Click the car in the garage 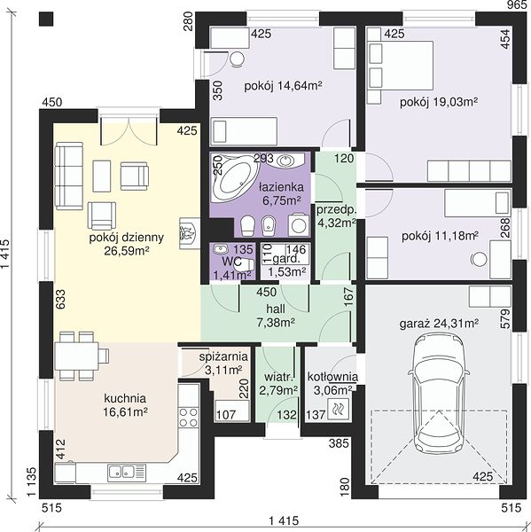coord(439,393)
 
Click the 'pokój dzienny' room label coord(126,238)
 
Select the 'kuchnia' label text coord(125,398)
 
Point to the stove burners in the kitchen coord(188,417)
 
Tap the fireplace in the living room coord(190,232)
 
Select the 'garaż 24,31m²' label coord(439,324)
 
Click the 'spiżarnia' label coord(223,356)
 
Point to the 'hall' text coord(276,309)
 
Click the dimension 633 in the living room coord(59,299)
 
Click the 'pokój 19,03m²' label coord(439,102)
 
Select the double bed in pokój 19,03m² coord(401,66)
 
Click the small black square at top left coord(46,19)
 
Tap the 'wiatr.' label coord(278,378)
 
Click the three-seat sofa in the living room coord(69,176)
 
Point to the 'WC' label coord(232,262)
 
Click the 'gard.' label coord(286,260)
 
